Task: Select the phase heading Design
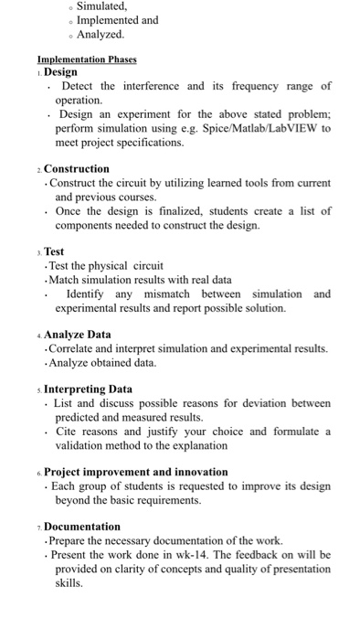[61, 72]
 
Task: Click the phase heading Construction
[77, 169]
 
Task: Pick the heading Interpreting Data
[88, 389]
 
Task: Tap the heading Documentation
[82, 527]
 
